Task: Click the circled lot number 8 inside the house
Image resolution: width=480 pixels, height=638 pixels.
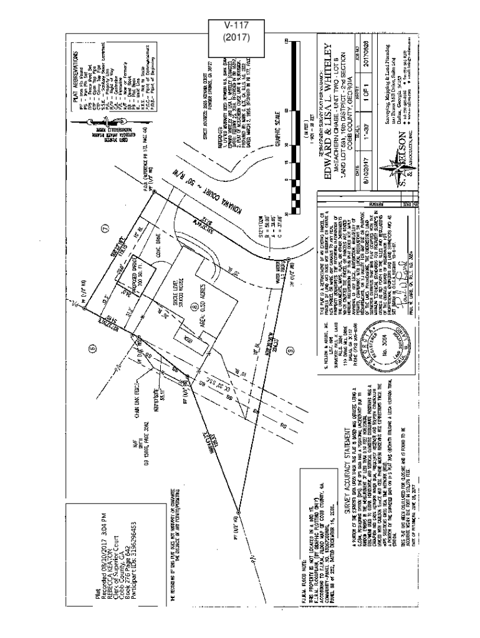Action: click(x=194, y=307)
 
